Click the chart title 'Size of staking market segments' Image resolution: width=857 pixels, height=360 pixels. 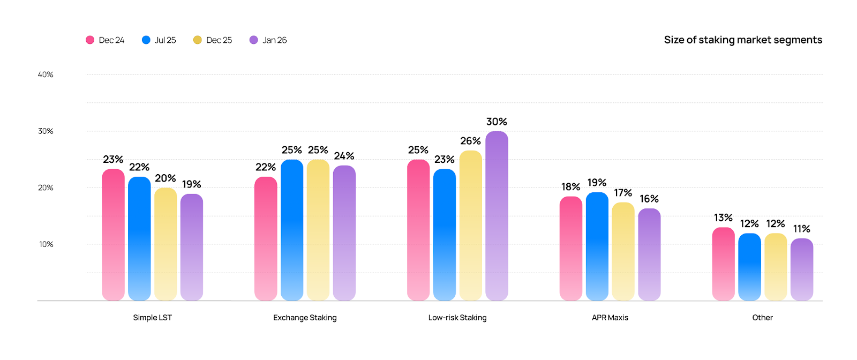743,40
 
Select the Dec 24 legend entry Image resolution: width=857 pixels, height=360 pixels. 106,40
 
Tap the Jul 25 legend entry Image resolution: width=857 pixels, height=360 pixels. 159,40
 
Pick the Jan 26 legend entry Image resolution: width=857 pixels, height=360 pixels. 268,40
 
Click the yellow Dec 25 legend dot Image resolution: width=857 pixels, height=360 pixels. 197,40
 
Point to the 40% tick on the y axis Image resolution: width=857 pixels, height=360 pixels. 46,74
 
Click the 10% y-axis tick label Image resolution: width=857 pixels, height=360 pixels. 46,244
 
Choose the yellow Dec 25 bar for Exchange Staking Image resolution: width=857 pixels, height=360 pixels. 318,230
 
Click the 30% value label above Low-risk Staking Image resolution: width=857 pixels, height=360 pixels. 497,122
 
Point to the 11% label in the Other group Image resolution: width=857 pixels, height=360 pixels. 801,229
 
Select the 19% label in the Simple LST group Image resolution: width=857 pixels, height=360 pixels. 191,184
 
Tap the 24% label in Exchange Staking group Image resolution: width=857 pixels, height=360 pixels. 344,156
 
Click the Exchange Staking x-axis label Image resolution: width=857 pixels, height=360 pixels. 305,318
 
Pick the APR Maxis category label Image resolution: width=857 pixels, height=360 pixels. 610,318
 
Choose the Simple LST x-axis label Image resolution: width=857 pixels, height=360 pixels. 152,318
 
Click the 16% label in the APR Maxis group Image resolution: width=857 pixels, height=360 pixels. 649,199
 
